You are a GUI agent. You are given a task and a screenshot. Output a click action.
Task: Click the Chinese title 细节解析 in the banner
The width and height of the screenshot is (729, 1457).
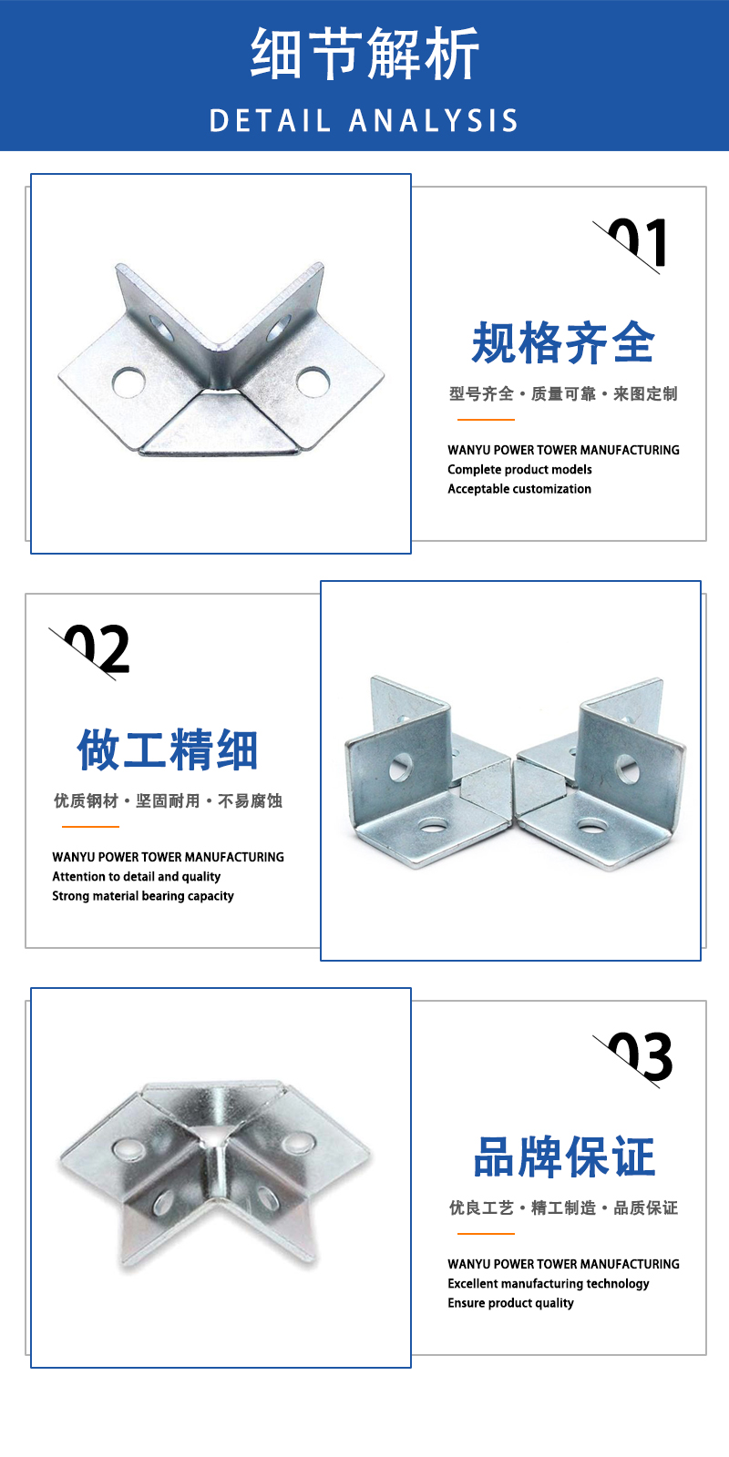[x=364, y=54]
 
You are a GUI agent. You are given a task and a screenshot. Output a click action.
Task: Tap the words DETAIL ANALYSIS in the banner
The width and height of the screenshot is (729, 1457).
[x=364, y=121]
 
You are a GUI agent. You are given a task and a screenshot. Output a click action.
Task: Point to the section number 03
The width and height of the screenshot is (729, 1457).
[x=639, y=1057]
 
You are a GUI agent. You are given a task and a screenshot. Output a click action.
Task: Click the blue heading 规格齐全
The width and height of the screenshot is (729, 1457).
[x=563, y=342]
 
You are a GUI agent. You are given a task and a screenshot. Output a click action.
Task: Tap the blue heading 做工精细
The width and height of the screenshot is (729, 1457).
[x=168, y=749]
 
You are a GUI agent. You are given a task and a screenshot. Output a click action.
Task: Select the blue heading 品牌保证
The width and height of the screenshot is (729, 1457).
[x=564, y=1157]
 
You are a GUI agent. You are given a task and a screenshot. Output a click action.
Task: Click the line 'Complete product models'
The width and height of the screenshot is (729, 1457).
[x=519, y=470]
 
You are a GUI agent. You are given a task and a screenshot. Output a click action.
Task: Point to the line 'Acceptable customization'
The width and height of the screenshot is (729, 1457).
[x=519, y=489]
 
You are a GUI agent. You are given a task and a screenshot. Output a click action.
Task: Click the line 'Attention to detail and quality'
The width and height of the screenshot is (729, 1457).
[x=136, y=877]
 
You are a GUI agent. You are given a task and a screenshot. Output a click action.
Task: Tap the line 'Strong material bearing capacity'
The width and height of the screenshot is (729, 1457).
[x=142, y=896]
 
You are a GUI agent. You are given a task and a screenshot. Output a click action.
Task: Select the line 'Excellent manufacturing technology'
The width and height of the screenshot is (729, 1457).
[x=548, y=1284]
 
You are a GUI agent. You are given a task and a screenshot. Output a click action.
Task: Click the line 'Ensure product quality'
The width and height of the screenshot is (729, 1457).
[x=510, y=1303]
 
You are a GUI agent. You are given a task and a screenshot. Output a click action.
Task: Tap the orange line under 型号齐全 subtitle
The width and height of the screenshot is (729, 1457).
[x=486, y=420]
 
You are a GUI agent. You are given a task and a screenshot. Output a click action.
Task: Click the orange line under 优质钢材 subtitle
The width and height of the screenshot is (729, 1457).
[x=90, y=827]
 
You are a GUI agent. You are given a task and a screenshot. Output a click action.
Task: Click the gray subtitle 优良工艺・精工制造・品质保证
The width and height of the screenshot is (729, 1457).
[x=563, y=1207]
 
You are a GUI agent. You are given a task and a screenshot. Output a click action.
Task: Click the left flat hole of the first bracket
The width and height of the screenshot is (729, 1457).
[x=128, y=382]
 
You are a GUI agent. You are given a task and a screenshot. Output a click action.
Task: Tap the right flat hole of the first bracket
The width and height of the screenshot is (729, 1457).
[x=313, y=382]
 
